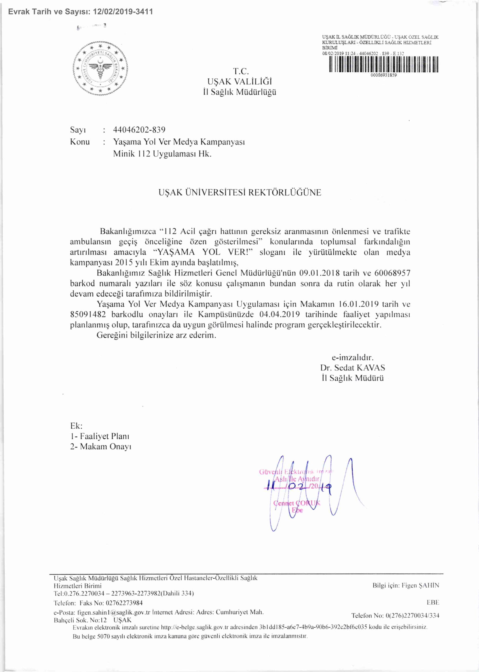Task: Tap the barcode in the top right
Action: pos(383,64)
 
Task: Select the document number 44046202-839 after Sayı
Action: pos(139,130)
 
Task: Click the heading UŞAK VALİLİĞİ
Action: pos(239,82)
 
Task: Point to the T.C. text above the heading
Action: pos(241,71)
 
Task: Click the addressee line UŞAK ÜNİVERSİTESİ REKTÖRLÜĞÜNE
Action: pos(239,193)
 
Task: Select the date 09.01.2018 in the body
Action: pos(320,273)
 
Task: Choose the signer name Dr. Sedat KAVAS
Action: pos(352,368)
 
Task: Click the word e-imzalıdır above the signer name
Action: pos(352,357)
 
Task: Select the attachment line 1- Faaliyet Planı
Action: pos(100,436)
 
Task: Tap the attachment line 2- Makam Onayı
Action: pos(100,446)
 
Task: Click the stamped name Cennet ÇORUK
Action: pos(296,503)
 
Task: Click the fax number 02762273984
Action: pos(124,603)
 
